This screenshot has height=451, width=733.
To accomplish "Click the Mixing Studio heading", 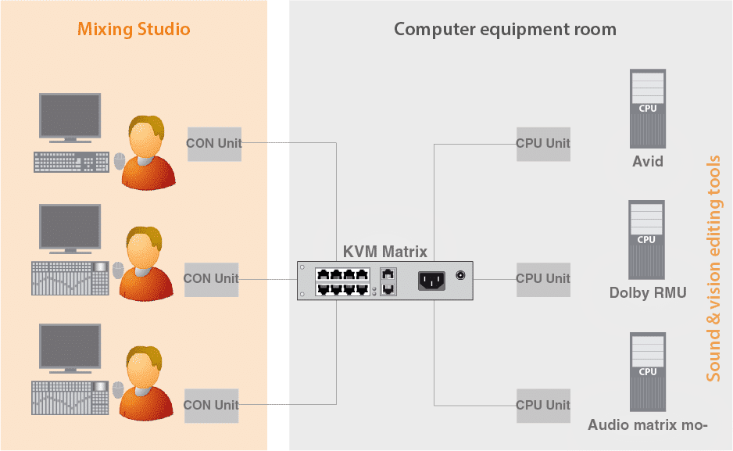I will click(x=134, y=30).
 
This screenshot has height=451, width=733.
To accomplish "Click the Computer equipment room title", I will click(x=505, y=30).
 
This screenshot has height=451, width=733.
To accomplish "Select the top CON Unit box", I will click(x=214, y=144).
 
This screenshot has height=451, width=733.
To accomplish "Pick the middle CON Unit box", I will click(x=212, y=279).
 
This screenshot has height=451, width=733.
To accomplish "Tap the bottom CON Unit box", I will click(x=212, y=405).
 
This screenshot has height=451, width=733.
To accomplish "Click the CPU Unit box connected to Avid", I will click(x=543, y=144).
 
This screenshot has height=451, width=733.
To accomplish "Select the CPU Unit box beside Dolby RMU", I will click(x=543, y=279).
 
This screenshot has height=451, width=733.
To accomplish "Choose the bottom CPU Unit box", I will click(x=543, y=405).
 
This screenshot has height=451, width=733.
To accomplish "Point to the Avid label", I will click(x=648, y=162).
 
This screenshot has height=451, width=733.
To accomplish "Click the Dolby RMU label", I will click(x=648, y=293).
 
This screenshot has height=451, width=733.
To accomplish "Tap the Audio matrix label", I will click(x=648, y=425).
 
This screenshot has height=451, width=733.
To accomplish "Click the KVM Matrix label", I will click(x=385, y=252).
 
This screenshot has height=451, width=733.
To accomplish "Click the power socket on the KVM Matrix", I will click(x=431, y=279).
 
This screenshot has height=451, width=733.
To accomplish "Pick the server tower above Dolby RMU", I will click(x=647, y=239).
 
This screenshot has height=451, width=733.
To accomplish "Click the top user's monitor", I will click(x=70, y=118).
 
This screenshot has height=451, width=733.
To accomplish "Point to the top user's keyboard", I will click(x=71, y=162).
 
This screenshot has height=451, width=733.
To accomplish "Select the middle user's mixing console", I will click(x=70, y=278).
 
